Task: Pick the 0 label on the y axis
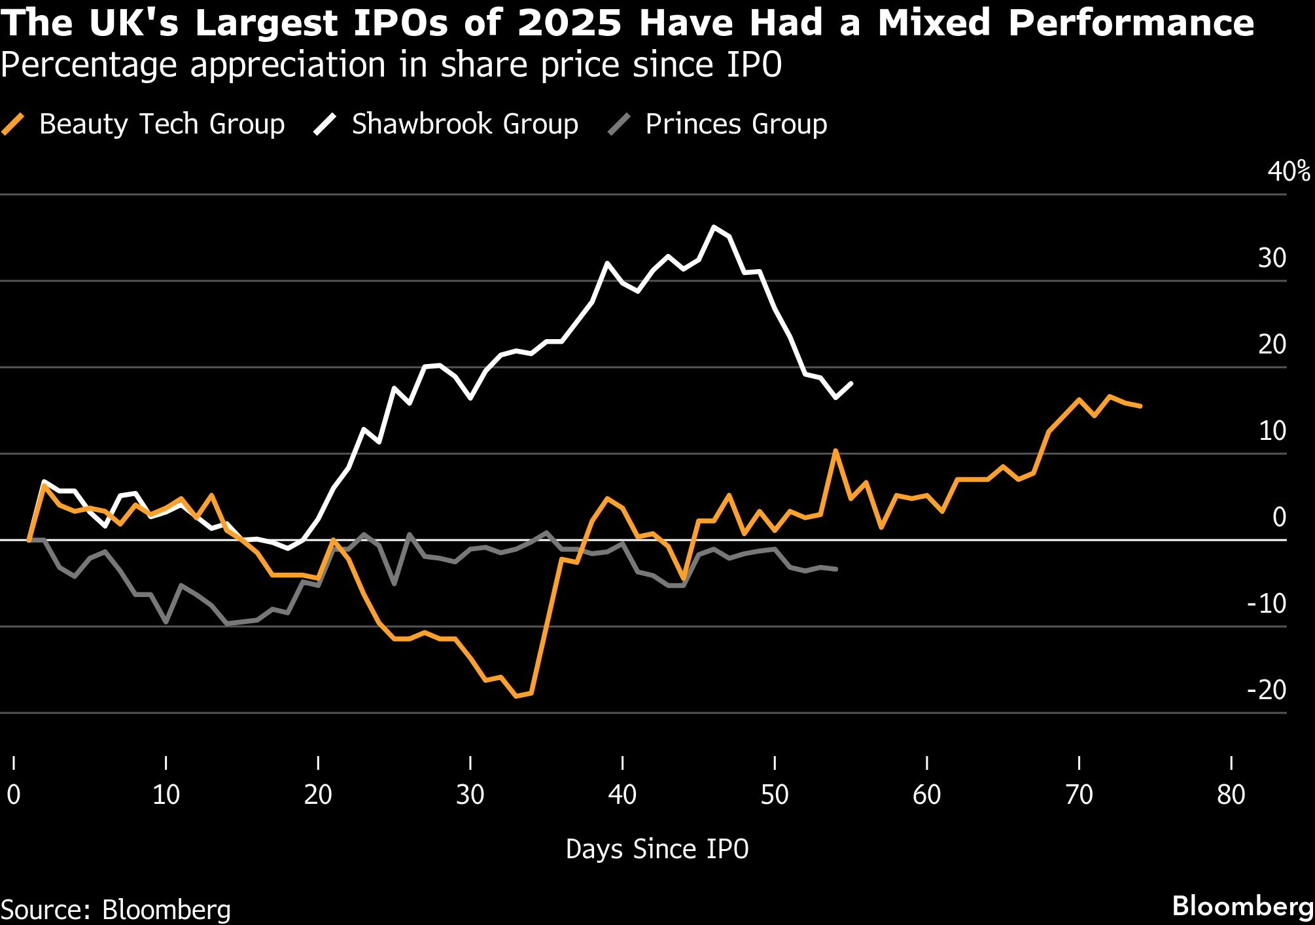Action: click(1279, 517)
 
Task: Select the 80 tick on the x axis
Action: click(1231, 795)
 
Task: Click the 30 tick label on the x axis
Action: click(470, 795)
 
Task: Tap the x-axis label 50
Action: click(775, 795)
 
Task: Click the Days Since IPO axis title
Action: click(657, 849)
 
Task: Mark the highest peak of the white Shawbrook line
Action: click(714, 227)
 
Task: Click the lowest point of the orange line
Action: click(516, 696)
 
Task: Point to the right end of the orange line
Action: click(1140, 407)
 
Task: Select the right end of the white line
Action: click(851, 383)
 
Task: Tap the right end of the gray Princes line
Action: click(836, 569)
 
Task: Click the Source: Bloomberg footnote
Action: click(116, 910)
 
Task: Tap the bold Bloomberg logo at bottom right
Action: click(1242, 907)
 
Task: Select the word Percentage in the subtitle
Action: click(88, 65)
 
